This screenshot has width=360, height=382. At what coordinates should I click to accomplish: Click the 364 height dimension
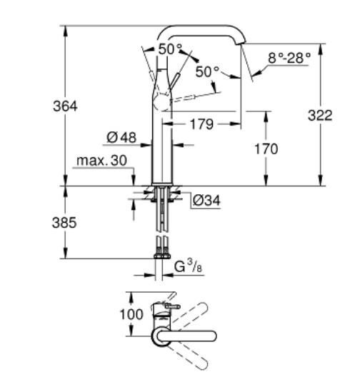[x=66, y=106]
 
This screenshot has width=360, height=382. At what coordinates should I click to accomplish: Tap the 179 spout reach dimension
[x=202, y=125]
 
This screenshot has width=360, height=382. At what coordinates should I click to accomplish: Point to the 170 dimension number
[x=265, y=149]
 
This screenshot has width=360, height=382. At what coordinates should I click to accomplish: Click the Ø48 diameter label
[x=122, y=136]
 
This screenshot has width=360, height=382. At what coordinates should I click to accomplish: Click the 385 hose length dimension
[x=65, y=223]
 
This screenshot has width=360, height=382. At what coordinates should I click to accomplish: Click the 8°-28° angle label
[x=289, y=58]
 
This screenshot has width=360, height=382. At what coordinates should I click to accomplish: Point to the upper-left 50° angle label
[x=170, y=49]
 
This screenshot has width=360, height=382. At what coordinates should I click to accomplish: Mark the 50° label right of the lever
[x=207, y=72]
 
